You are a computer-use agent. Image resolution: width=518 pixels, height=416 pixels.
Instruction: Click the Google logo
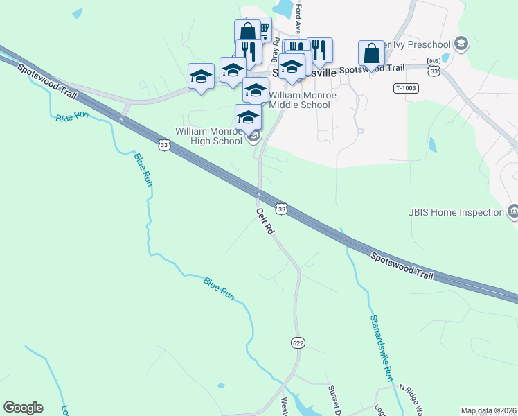click(24, 408)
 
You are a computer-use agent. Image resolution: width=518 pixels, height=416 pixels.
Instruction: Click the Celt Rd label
click(264, 221)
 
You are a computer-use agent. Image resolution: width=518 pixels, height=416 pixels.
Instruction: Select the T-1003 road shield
click(406, 88)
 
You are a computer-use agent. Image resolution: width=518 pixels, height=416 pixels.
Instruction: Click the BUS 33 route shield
click(434, 67)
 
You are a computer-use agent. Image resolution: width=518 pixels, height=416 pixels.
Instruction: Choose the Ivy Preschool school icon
click(461, 44)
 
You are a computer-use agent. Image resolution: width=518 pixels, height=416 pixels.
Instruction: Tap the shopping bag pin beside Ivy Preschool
click(371, 54)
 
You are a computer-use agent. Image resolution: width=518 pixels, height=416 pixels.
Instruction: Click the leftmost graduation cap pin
click(201, 76)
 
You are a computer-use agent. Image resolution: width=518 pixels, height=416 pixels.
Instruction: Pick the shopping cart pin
click(261, 29)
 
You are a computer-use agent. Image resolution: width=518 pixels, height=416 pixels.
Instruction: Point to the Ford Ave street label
click(298, 19)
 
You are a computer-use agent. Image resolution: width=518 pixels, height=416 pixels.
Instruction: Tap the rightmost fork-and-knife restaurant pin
click(319, 50)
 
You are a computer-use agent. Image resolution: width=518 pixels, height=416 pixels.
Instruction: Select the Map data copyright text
click(488, 410)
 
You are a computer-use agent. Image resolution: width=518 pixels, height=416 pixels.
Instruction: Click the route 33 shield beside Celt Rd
click(281, 208)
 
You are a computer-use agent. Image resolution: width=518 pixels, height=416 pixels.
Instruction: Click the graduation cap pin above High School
click(248, 116)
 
